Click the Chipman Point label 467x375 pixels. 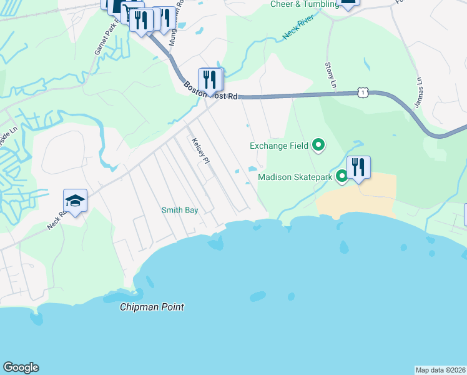(x=152, y=307)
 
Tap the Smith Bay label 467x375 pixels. (x=180, y=211)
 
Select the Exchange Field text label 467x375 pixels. (x=279, y=146)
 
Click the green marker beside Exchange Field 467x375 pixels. (x=318, y=146)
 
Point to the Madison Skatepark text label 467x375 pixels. (x=296, y=177)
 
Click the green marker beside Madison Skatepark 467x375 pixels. (x=342, y=177)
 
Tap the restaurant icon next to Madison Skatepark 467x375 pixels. (x=358, y=167)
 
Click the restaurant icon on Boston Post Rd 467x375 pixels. (x=210, y=79)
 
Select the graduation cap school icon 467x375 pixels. (x=75, y=201)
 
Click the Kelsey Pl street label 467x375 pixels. (x=200, y=151)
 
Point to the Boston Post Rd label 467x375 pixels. (x=211, y=91)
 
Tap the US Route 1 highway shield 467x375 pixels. (x=362, y=92)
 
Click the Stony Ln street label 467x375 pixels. (x=330, y=75)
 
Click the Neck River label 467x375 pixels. (x=297, y=29)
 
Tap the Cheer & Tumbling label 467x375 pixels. (x=304, y=4)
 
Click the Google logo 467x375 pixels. (x=21, y=367)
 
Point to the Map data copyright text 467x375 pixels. (x=440, y=370)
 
